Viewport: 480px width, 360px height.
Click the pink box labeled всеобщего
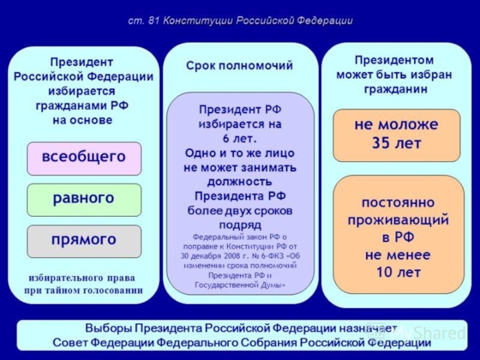84,158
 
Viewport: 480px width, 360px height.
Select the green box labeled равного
84,199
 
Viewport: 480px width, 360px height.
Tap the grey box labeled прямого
84,240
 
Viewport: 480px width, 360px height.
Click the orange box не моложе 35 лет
397,135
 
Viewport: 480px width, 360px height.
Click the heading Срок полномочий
239,66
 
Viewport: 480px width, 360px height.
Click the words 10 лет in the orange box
398,272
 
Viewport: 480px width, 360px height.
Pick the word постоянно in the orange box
398,202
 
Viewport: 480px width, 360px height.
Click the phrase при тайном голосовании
83,290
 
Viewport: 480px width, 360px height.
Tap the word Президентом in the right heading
394,60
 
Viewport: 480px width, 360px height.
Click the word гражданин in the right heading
396,89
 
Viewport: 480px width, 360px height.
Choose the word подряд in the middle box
239,225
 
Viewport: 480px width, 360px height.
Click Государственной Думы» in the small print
240,284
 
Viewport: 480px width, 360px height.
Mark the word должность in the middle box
239,181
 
